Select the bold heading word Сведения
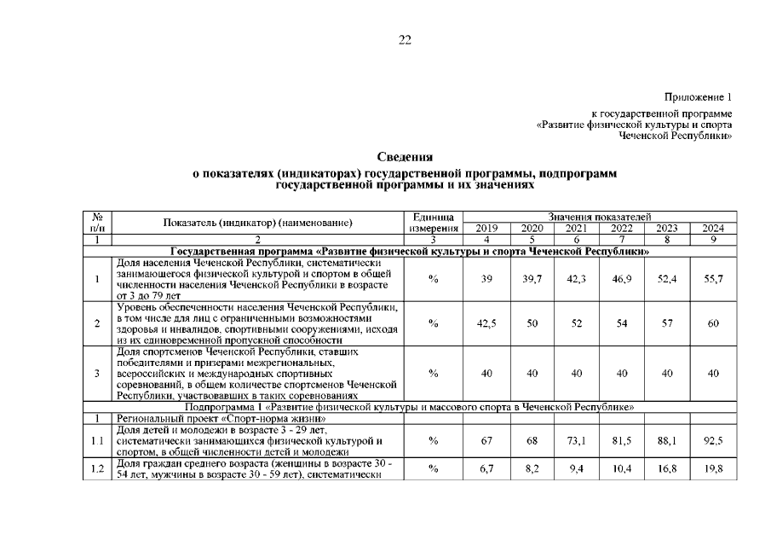click(405, 157)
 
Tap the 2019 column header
click(487, 229)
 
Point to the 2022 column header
click(622, 229)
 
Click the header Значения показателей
click(600, 218)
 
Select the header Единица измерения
click(434, 224)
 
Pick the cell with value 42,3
click(577, 280)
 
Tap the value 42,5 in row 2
click(487, 323)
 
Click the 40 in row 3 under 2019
click(487, 373)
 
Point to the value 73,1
click(577, 440)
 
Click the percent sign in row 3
click(434, 373)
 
